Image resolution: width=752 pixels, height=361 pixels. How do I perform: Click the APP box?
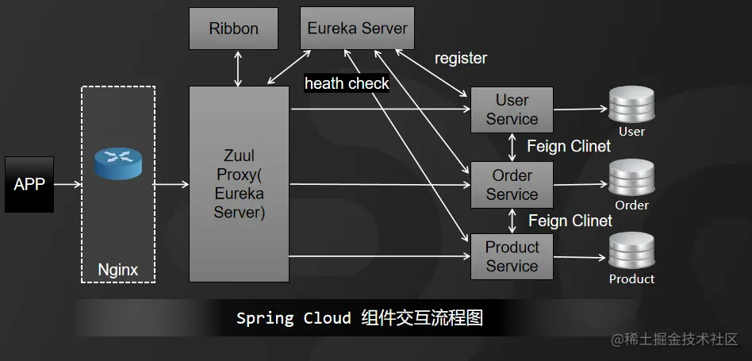(x=29, y=184)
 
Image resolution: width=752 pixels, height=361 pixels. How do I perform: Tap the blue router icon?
(x=117, y=163)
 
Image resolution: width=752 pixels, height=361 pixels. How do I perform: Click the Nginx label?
(x=117, y=270)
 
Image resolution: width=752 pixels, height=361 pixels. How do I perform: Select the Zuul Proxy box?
(x=239, y=184)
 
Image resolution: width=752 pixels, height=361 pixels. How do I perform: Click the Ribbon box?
(x=233, y=29)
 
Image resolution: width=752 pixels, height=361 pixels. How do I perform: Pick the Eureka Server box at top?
(x=357, y=29)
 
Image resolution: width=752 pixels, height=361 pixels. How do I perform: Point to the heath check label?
(x=347, y=83)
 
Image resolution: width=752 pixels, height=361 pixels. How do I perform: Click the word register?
(x=461, y=58)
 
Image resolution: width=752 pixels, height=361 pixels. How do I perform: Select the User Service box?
(x=512, y=109)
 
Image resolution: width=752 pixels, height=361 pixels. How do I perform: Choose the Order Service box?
(x=512, y=184)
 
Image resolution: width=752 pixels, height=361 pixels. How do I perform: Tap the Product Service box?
(x=512, y=256)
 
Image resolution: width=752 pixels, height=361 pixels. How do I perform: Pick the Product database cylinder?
(x=631, y=252)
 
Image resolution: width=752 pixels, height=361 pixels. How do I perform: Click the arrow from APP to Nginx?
(x=67, y=184)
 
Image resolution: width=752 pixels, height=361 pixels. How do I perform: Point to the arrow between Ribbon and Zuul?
(x=238, y=68)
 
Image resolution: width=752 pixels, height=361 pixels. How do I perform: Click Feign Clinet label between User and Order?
(x=569, y=147)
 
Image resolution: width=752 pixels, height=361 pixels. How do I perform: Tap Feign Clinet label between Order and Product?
(x=570, y=221)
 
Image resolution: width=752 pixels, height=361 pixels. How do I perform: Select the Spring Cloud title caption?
(x=359, y=319)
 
